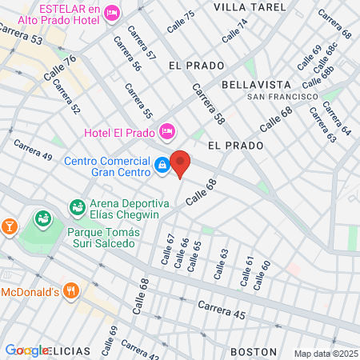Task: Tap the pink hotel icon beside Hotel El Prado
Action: pos(166,130)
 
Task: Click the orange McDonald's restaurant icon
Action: pos(71,291)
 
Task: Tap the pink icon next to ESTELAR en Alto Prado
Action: pos(112,12)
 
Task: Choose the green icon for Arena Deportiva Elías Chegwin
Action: pos(78,208)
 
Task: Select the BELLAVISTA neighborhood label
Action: pos(252,84)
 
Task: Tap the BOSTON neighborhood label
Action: pos(253,351)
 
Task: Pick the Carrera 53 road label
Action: pos(22,33)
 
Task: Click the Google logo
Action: pos(26,350)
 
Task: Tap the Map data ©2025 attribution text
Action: pos(325,354)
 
